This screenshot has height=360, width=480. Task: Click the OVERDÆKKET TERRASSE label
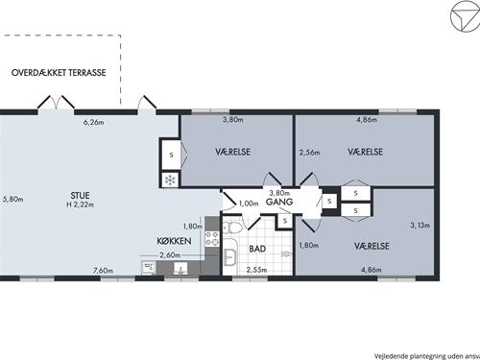click(x=59, y=73)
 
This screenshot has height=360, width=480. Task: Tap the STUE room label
click(x=80, y=195)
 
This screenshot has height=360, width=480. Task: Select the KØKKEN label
click(x=174, y=241)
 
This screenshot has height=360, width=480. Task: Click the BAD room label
click(x=257, y=249)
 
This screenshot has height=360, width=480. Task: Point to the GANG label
click(x=279, y=202)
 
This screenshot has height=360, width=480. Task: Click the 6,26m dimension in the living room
click(x=93, y=122)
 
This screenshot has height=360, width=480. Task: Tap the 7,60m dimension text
click(x=103, y=271)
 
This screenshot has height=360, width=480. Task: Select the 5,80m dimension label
click(x=13, y=199)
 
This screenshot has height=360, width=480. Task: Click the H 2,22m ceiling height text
click(x=80, y=204)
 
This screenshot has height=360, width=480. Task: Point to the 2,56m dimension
click(x=309, y=153)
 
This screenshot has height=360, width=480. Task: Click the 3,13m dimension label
click(x=420, y=226)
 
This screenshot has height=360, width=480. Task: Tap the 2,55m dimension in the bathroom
click(x=256, y=270)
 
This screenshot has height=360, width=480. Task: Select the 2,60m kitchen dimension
click(x=170, y=255)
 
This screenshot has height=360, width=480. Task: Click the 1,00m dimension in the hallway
click(x=249, y=204)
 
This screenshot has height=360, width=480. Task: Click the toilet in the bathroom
click(x=231, y=228)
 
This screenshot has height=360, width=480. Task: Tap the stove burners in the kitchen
click(x=212, y=239)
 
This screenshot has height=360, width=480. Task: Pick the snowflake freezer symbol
click(x=170, y=180)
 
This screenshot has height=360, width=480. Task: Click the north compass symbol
click(x=466, y=16)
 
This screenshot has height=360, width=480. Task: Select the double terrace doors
click(x=57, y=103)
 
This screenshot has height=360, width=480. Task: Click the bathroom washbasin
click(x=230, y=257)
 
